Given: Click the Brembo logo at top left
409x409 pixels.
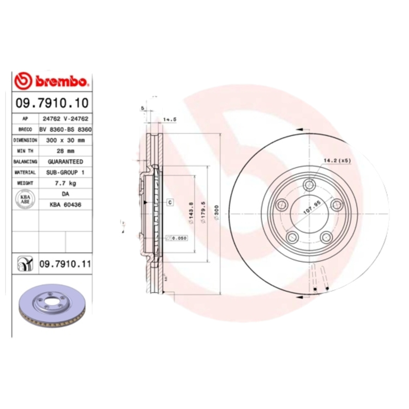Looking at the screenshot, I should tap(51, 80).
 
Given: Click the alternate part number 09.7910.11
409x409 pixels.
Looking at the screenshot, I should tap(65, 264).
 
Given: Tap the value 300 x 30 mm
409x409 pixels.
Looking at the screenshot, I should tap(65, 140).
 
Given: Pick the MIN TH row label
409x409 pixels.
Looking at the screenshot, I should tap(25, 151).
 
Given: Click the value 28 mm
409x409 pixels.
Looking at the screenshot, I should tap(65, 151).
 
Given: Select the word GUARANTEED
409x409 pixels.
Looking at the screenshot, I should tap(65, 162).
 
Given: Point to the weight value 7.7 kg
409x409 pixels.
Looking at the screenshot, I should tap(65, 183).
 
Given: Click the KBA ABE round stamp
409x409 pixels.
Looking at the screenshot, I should tap(25, 199).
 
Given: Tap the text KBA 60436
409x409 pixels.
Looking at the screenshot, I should tap(65, 204).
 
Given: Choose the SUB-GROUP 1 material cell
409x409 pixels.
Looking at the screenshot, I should tap(65, 172).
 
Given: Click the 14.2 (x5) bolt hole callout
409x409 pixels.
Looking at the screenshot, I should tap(336, 161).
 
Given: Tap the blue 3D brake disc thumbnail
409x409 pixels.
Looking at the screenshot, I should tap(50, 308).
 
